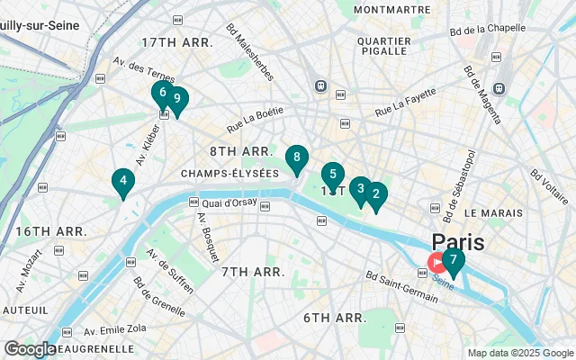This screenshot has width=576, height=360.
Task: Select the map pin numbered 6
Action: coord(163,93)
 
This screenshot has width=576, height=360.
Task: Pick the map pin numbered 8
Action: coord(296,158)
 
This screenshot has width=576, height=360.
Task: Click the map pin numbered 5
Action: coord(333,175)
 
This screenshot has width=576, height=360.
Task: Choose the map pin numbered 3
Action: coord(361,189)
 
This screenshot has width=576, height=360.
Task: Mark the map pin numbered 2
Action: coord(376,193)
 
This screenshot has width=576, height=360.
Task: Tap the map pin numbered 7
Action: coord(454,261)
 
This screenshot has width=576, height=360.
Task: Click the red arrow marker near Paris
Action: coord(436,263)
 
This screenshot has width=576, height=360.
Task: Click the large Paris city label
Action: coord(457,242)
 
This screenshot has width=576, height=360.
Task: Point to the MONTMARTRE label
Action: coord(392,10)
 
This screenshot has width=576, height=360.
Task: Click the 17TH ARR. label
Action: coord(177,42)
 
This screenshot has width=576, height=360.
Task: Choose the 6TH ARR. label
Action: coord(334,318)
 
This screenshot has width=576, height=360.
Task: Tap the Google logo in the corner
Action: coord(30,348)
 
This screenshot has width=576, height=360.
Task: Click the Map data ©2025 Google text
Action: coord(519,353)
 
